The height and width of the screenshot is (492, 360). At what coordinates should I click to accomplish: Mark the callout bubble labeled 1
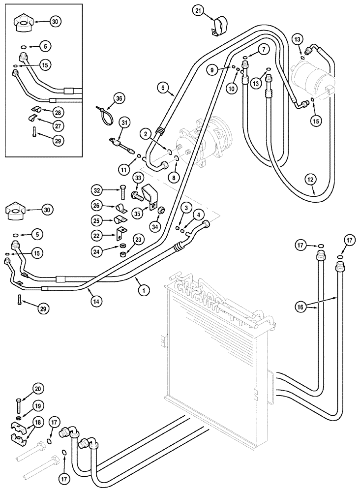pos(143,291)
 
